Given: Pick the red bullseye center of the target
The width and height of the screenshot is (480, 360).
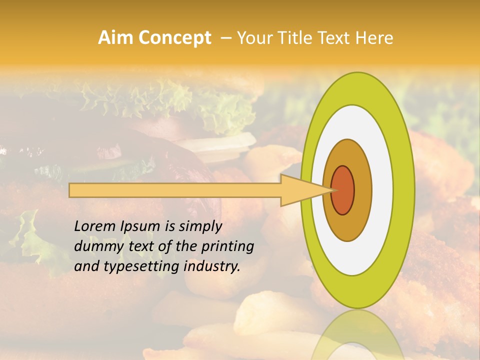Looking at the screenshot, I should tap(343, 190).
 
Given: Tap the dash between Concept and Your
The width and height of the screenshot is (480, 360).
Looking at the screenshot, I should tap(225, 38).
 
